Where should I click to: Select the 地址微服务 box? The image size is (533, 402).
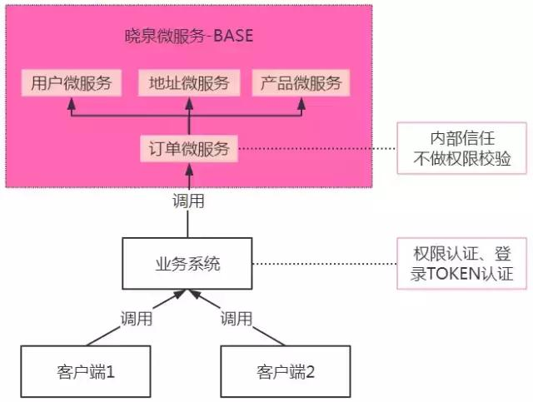189,83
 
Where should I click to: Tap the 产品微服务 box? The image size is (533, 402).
301,83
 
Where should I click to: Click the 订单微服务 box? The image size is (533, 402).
189,150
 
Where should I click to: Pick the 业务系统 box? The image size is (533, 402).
187,264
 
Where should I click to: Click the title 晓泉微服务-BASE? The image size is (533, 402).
187,37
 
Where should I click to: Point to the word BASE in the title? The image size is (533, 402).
234,37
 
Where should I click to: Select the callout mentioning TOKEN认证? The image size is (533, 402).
461,264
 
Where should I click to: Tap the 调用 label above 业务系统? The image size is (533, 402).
187,201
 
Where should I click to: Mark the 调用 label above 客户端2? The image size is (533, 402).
237,318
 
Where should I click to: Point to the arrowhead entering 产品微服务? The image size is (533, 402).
301,103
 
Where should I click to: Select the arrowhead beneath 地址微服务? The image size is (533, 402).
189,103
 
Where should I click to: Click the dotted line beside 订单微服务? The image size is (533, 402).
316,150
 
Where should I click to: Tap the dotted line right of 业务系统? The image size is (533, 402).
325,264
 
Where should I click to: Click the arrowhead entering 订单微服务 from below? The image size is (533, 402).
189,171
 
